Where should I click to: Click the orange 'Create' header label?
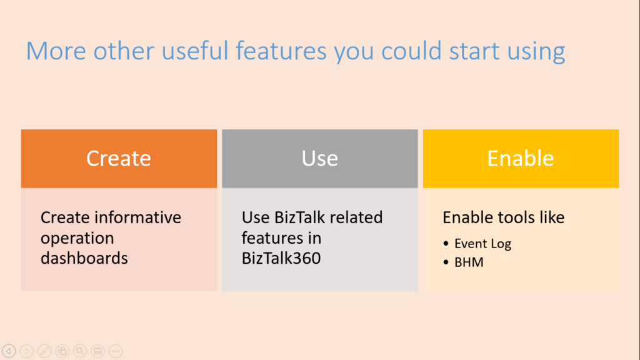tap(119, 158)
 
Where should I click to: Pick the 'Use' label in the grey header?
tap(319, 158)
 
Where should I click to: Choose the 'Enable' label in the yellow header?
tap(521, 158)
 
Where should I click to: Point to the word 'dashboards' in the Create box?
tap(84, 257)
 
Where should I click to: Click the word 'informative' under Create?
tap(138, 217)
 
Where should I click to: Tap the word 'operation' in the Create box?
tap(77, 237)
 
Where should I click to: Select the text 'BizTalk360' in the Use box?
tap(281, 257)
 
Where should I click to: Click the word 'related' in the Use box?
tap(356, 217)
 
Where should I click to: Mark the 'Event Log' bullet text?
tap(482, 244)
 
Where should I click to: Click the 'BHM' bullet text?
tap(469, 262)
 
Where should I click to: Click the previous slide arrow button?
tap(9, 351)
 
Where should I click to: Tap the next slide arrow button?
tap(27, 351)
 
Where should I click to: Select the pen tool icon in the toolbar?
tap(44, 351)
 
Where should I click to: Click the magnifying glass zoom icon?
tap(80, 351)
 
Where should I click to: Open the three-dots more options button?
tap(116, 351)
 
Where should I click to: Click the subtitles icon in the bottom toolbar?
tap(98, 351)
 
